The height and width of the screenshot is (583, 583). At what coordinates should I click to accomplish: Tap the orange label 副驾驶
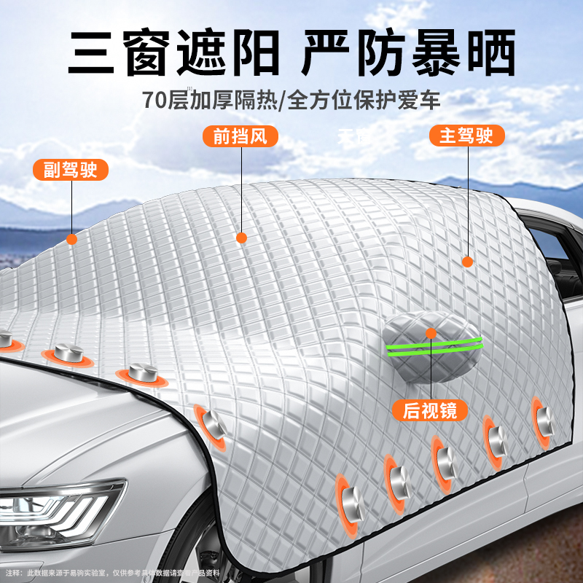point(71,171)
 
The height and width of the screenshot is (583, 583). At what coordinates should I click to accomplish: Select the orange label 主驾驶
point(466,136)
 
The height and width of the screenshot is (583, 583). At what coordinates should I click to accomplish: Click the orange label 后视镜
point(430,410)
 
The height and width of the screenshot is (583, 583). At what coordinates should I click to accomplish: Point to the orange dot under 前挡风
point(242,238)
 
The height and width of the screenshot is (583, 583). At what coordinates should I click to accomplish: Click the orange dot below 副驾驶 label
point(71,238)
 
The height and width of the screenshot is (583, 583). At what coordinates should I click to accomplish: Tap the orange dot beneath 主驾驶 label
point(468,261)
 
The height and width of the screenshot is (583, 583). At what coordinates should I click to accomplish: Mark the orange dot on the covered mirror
point(431,333)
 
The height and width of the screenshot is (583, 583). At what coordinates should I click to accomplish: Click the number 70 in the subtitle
point(156,99)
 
